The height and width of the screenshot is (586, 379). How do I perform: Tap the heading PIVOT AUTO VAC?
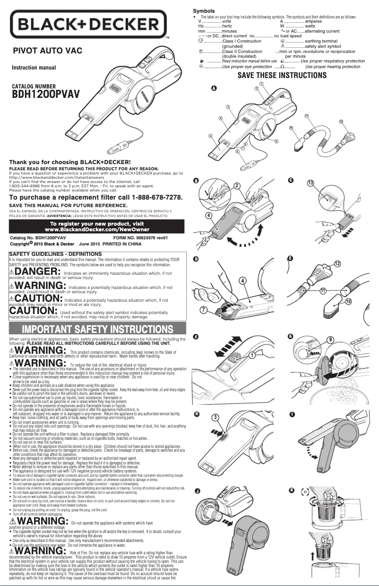(48, 50)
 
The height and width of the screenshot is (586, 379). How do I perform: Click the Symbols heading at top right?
(204, 11)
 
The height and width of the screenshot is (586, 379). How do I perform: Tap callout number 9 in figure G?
(330, 340)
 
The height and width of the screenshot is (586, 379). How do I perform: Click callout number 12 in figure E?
(337, 263)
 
